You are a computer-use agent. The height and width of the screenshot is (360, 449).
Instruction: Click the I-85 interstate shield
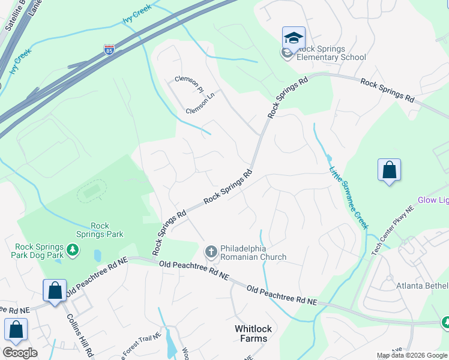[x=109, y=49]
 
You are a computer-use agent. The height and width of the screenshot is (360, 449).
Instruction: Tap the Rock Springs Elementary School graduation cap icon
[x=294, y=38]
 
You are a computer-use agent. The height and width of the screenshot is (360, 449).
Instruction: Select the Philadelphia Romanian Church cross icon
[x=211, y=251]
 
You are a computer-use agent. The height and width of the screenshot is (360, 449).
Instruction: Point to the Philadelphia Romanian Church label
[x=253, y=253]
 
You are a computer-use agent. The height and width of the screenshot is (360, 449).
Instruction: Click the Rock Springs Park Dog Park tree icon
[x=72, y=250]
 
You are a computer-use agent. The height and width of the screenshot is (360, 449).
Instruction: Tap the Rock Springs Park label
[x=100, y=230]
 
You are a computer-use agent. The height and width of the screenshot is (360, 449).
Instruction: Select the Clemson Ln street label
[x=200, y=107]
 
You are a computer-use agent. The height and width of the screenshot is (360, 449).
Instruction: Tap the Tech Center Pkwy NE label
[x=393, y=232]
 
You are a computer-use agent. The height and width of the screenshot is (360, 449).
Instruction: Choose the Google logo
[x=20, y=353]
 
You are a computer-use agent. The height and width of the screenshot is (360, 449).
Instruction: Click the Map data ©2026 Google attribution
[x=412, y=355]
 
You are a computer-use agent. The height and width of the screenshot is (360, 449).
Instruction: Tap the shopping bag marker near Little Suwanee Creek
[x=389, y=170]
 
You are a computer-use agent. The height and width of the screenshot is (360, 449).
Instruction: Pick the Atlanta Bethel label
[x=422, y=286]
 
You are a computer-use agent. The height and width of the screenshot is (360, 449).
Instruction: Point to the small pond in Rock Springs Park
[x=97, y=256]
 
